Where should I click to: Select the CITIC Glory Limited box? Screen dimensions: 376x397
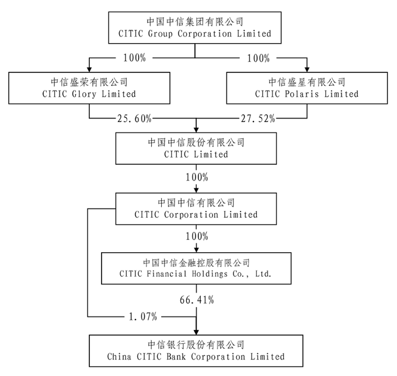click(x=89, y=88)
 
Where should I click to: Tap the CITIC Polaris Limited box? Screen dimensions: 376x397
click(x=307, y=88)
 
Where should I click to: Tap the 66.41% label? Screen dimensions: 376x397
click(x=196, y=301)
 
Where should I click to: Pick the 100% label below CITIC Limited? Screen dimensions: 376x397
click(x=196, y=177)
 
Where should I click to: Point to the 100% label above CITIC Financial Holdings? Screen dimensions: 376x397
click(x=196, y=236)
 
